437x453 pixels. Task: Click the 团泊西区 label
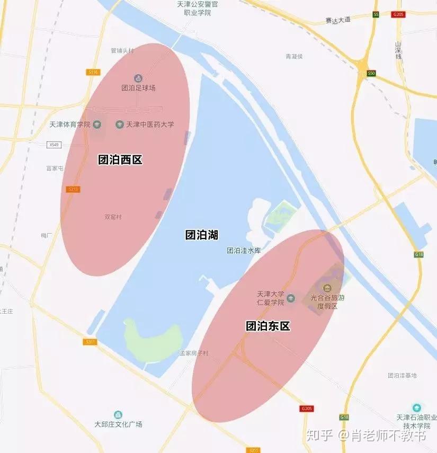[x=120, y=159]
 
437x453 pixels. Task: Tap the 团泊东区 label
[x=268, y=326]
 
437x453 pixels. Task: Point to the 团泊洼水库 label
[x=244, y=251]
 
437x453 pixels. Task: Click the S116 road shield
[x=94, y=72]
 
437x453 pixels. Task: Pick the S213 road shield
[x=74, y=189]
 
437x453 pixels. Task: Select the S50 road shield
[x=371, y=73]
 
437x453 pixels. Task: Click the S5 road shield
[x=376, y=14]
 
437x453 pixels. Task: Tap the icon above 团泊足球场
[x=138, y=78]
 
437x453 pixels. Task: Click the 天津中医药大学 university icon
[x=120, y=125]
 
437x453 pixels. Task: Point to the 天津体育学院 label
[x=69, y=125]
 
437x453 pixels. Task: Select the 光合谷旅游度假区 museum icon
[x=327, y=288]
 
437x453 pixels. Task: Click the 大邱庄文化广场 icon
[x=118, y=414]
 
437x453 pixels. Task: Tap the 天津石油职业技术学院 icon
[x=416, y=407]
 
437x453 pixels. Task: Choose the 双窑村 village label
[x=113, y=217]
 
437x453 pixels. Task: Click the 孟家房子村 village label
[x=194, y=353]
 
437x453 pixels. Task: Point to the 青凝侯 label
[x=294, y=56]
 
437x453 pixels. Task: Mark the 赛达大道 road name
[x=338, y=20]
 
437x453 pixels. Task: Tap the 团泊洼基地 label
[x=402, y=375]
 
